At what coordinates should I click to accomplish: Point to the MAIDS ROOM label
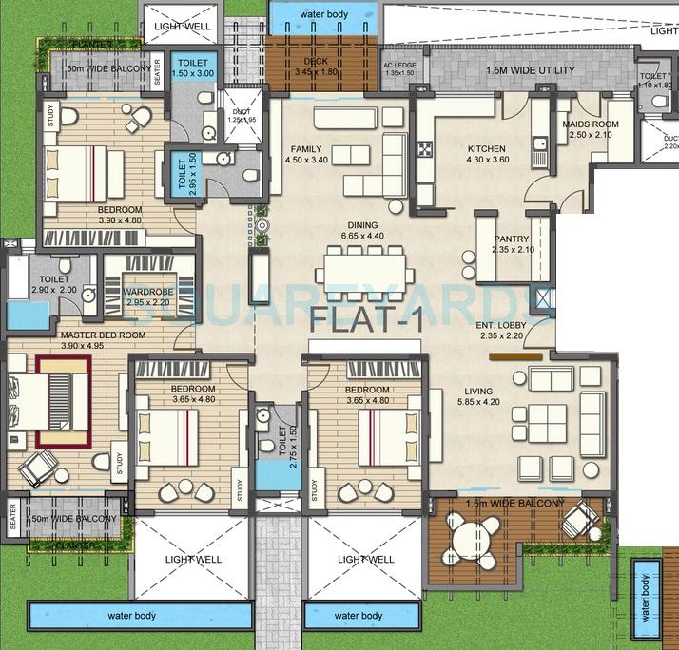coord(591,124)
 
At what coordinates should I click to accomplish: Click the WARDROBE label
coord(147,292)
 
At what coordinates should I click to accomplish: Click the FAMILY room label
coord(306,149)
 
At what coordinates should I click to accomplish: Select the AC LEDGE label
coord(398,67)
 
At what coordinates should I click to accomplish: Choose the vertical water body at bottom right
coord(647,598)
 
